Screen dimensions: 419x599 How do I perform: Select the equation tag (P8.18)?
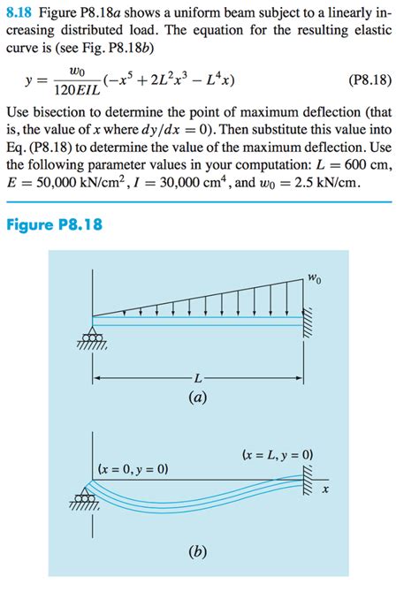click(364, 80)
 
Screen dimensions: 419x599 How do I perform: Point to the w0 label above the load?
click(314, 280)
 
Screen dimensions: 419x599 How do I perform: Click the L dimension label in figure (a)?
click(198, 379)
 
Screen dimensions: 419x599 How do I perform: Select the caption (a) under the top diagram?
click(198, 398)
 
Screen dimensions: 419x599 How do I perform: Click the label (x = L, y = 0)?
click(277, 457)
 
